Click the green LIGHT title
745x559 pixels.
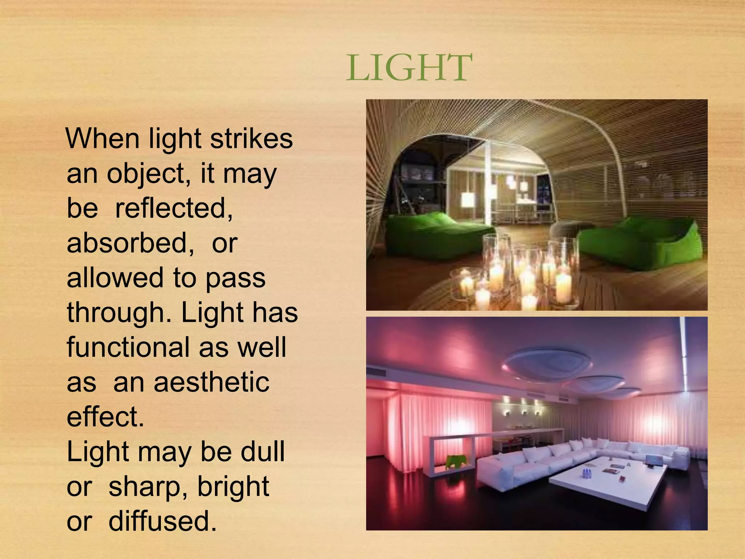pos(409,68)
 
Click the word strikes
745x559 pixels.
pos(251,139)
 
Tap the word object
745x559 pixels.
pos(148,174)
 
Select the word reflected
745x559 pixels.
pos(174,208)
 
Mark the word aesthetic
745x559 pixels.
pos(211,382)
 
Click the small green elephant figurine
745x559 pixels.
pos(454,461)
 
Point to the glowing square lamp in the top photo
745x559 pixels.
pos(468,200)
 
